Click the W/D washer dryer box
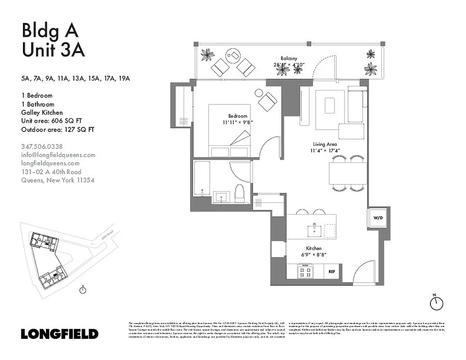(x=377, y=218)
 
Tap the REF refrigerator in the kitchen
(x=331, y=271)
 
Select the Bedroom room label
(x=238, y=116)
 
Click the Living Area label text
(x=326, y=144)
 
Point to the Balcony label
(x=289, y=58)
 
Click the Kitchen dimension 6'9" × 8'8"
(x=314, y=255)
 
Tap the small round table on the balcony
(x=234, y=56)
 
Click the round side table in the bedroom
(x=259, y=93)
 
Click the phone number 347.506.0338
(x=42, y=146)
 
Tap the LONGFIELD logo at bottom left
(x=59, y=334)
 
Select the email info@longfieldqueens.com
(x=59, y=155)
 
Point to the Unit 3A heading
(x=53, y=49)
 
